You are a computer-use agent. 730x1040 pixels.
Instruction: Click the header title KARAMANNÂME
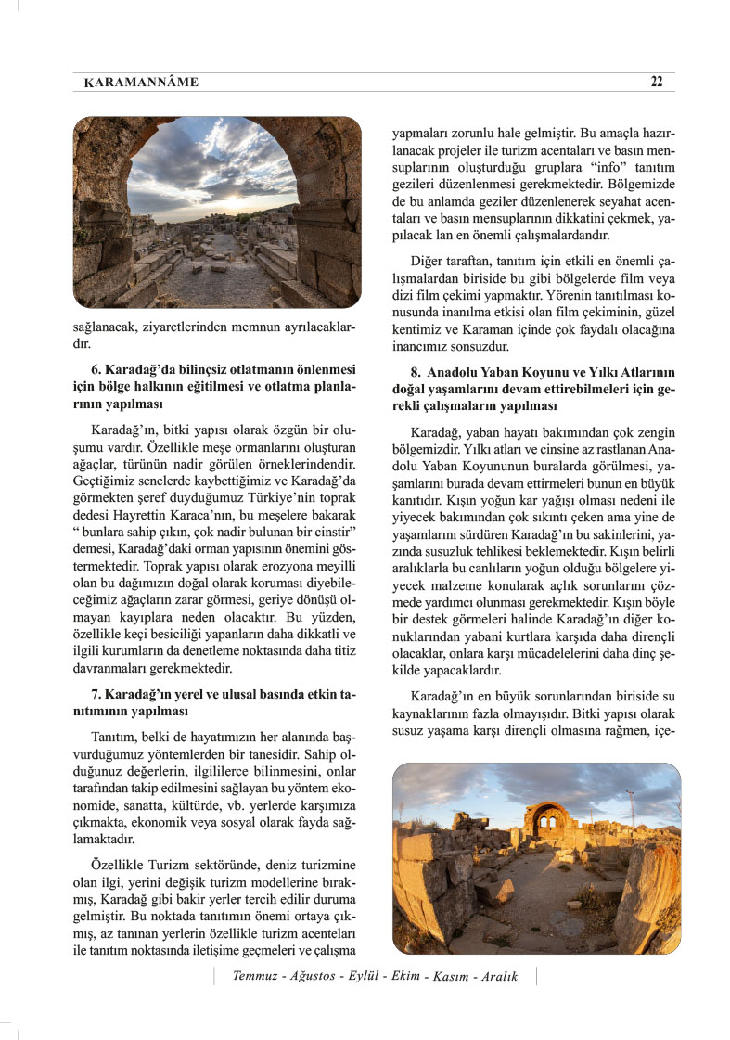pyautogui.click(x=140, y=83)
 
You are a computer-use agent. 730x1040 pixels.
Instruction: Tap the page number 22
pyautogui.click(x=657, y=82)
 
